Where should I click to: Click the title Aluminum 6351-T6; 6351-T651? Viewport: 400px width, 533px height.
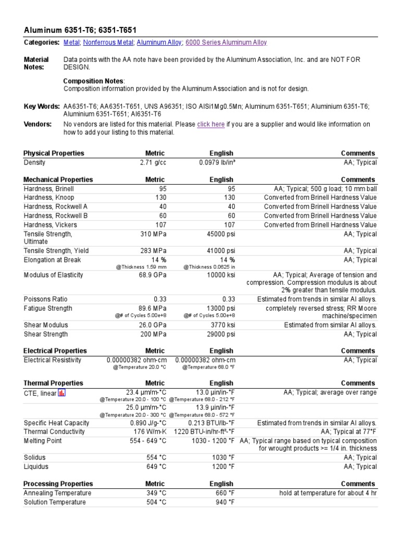pos(81,30)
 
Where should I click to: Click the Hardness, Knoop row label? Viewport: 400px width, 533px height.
pos(49,198)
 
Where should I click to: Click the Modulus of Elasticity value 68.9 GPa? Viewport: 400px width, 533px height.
pos(152,275)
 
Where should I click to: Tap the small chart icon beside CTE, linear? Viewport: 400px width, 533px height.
pos(61,393)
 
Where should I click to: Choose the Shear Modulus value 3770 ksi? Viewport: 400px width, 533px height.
pos(221,325)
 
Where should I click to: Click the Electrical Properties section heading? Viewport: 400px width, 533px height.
pos(55,351)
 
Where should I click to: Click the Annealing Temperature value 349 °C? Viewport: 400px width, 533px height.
pos(156,493)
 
